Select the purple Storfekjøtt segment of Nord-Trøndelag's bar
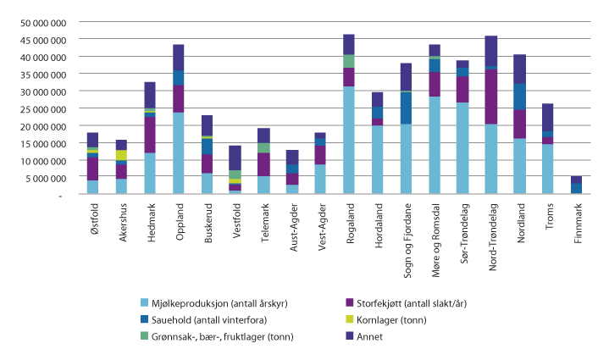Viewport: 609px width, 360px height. point(490,97)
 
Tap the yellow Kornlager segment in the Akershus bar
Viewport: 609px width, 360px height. point(122,155)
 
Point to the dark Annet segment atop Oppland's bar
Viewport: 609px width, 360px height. point(178,58)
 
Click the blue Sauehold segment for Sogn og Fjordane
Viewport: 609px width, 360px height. point(406,108)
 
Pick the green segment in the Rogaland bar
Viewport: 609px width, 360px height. point(348,61)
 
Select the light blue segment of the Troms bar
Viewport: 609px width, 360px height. point(547,169)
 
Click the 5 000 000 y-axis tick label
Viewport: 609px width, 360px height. point(48,177)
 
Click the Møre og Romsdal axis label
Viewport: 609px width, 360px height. point(434,231)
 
